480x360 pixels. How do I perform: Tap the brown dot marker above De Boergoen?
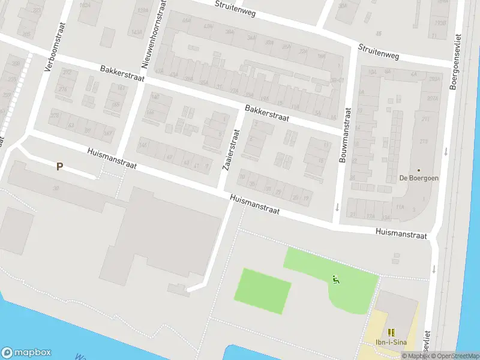(x=419, y=170)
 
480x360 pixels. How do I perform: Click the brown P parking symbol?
(x=59, y=166)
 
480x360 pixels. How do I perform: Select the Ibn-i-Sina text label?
(x=391, y=343)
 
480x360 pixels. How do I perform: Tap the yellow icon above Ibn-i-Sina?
(x=391, y=332)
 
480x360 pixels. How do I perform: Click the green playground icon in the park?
(x=335, y=279)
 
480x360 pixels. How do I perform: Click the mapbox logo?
(x=26, y=353)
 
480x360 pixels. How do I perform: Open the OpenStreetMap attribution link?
(x=454, y=356)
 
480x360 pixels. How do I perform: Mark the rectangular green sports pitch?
(x=266, y=291)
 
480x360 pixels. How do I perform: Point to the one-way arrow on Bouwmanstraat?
(x=337, y=208)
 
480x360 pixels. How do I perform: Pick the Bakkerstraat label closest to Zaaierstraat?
(x=267, y=113)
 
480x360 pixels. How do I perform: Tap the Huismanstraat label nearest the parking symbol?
(x=112, y=159)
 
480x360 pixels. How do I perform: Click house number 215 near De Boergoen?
(x=424, y=141)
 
